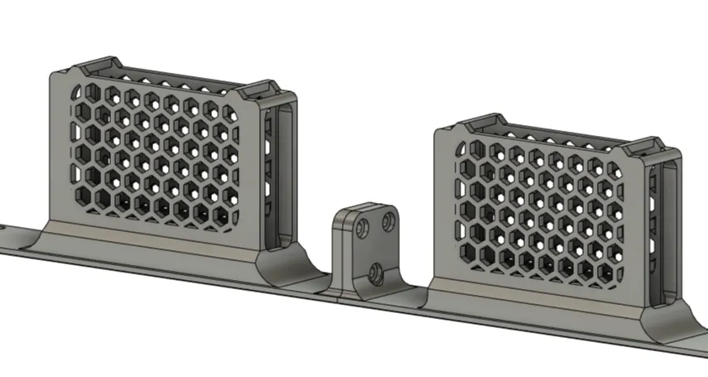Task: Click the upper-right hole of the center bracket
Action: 387,222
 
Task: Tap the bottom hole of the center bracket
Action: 376,272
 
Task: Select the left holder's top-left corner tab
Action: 98,65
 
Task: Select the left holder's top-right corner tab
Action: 260,87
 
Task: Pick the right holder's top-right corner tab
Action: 647,147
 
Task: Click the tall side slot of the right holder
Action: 670,233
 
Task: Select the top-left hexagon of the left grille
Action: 80,92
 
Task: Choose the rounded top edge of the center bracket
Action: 364,205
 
